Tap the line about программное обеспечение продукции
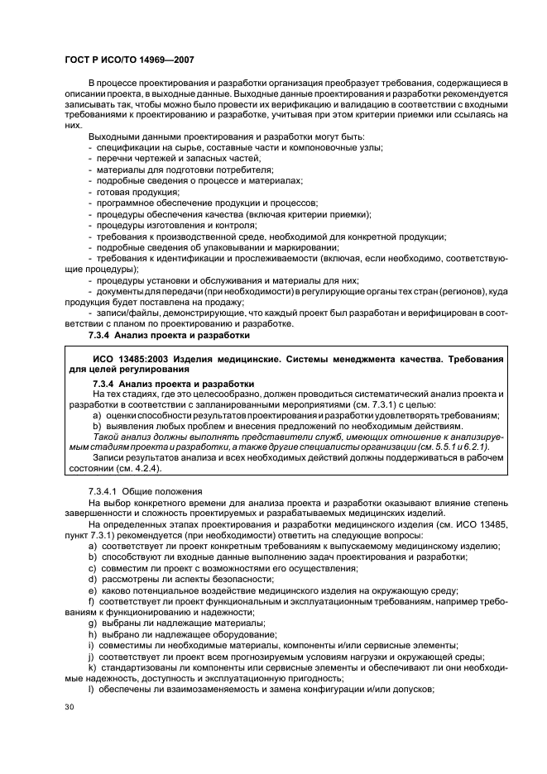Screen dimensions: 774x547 click(x=206, y=202)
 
